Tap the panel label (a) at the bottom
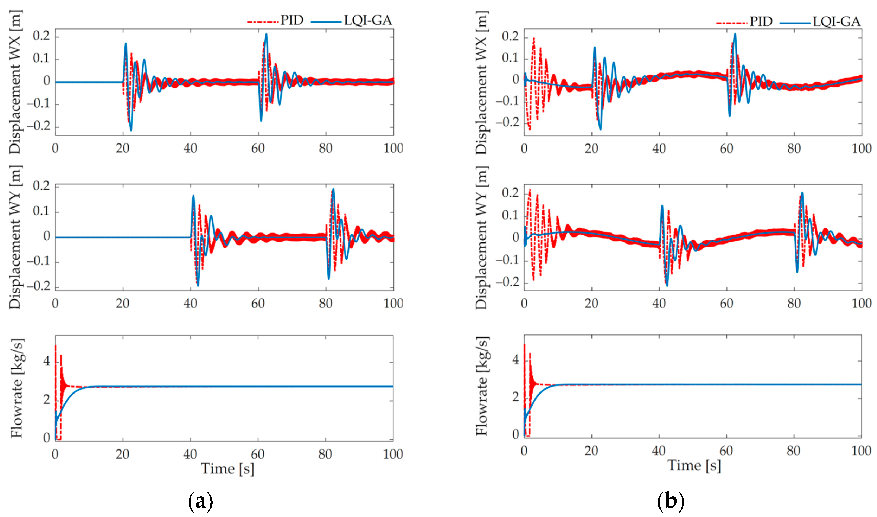[x=200, y=501]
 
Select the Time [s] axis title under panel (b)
[x=694, y=465]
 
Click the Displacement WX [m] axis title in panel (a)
[x=15, y=82]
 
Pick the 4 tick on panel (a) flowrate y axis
[x=47, y=361]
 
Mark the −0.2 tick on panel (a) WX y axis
[x=41, y=126]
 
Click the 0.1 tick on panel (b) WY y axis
[x=510, y=216]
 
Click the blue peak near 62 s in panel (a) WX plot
[x=267, y=34]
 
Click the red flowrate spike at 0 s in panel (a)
[x=55, y=346]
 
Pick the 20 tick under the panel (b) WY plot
[x=591, y=304]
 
